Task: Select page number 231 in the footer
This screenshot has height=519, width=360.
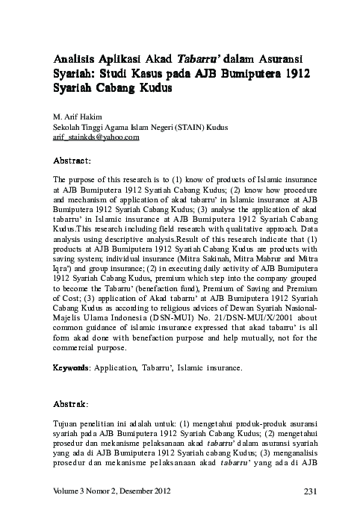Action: pos(313,491)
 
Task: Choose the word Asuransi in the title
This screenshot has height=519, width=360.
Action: pos(287,59)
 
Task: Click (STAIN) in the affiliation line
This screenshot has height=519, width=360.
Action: pos(190,127)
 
